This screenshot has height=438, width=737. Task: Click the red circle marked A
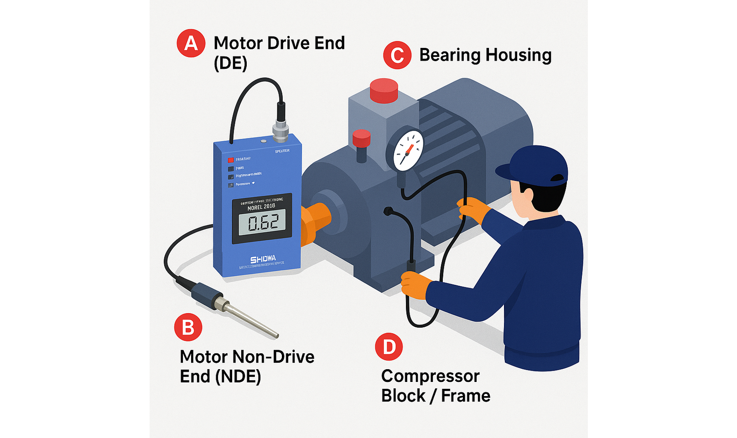click(191, 43)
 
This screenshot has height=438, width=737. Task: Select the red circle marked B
click(188, 327)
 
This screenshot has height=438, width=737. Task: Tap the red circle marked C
click(397, 55)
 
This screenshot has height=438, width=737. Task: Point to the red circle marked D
click(389, 347)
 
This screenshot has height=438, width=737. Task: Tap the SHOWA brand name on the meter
click(263, 259)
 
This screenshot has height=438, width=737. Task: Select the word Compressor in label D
click(430, 376)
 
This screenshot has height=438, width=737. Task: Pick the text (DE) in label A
click(230, 63)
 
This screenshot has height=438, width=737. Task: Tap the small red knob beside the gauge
click(361, 138)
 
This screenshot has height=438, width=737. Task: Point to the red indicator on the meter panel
click(231, 160)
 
